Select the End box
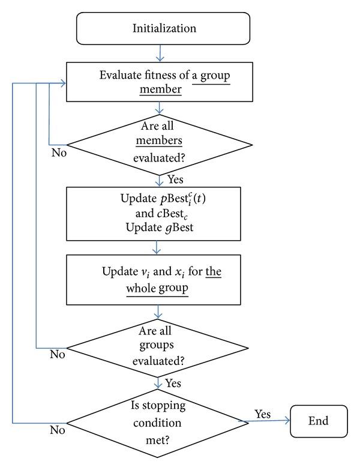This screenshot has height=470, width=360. [319, 421]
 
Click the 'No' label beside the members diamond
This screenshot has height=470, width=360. [58, 152]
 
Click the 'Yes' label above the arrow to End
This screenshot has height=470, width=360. [263, 414]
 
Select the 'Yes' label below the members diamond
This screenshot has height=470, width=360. [176, 179]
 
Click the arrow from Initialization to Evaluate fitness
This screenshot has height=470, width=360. [160, 54]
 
